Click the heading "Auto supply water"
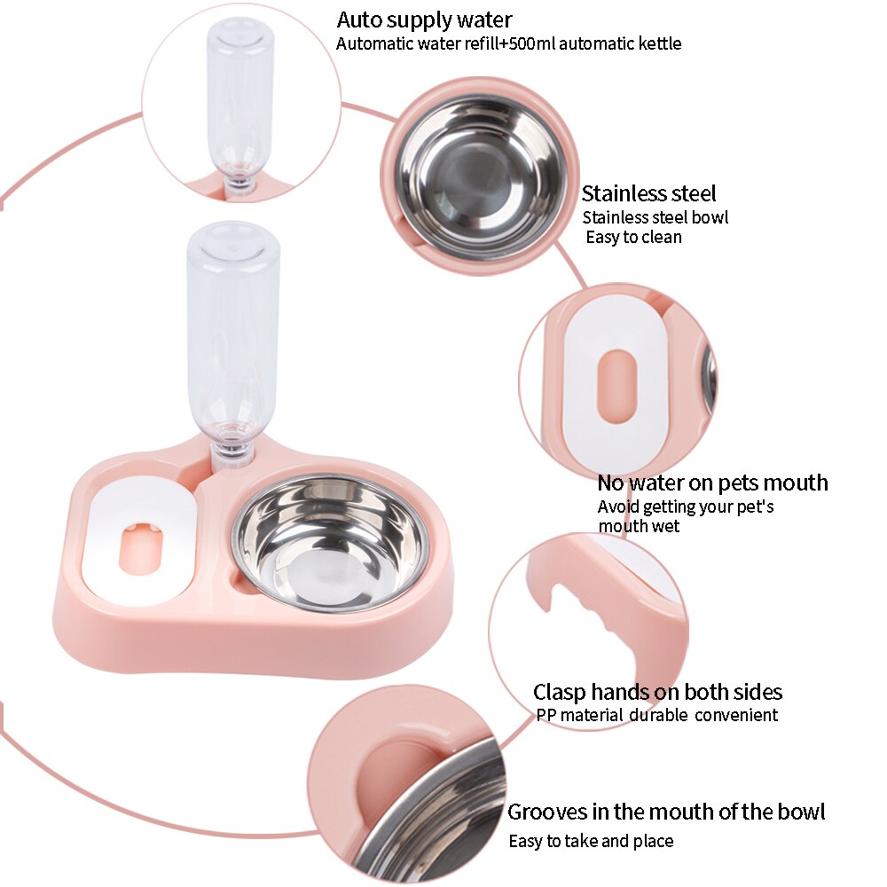pos(424,20)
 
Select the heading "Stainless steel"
pos(648,193)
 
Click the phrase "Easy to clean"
pos(633,238)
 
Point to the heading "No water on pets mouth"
pos(712,483)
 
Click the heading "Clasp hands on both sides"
pos(657,692)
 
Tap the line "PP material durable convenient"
pos(656,715)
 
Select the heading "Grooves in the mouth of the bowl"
pos(665,812)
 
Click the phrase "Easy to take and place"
pos(591,841)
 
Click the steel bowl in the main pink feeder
pos(330,541)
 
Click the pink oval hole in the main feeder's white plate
pos(141,549)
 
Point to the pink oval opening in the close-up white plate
pos(617,384)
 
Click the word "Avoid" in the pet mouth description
pos(618,507)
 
